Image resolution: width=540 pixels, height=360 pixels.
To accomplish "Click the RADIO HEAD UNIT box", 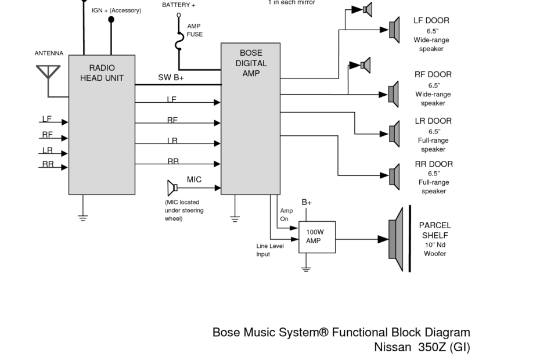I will point(102,125).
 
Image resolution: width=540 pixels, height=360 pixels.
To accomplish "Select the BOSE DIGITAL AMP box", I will point(250,119).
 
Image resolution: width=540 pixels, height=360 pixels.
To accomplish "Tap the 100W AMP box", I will point(317,237).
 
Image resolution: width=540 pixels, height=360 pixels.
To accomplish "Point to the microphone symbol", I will point(172,188).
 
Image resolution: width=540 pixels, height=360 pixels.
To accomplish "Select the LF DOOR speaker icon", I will point(394,30).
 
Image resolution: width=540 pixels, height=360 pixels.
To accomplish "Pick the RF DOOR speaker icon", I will point(394,94).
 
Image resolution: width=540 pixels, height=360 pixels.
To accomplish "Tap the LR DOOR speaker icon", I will point(394,134).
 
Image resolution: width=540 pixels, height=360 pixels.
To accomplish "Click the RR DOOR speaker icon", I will point(394,177).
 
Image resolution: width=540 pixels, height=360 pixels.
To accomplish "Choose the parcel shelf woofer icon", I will point(396,239).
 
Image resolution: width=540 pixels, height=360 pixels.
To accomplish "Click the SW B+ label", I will point(171,78).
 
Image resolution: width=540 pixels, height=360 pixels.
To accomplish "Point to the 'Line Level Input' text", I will point(270,250).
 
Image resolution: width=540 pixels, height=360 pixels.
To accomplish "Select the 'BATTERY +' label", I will point(178,5).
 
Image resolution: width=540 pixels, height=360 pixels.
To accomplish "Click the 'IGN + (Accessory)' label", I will point(116,10).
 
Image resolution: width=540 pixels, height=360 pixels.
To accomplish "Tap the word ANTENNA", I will point(49,53).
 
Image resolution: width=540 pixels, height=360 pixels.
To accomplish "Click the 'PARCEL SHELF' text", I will point(435,230).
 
